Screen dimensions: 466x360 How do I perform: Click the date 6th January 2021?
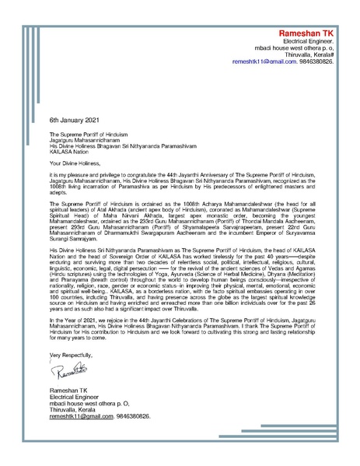tap(75, 122)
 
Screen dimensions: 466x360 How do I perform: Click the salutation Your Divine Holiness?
tap(78, 164)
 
